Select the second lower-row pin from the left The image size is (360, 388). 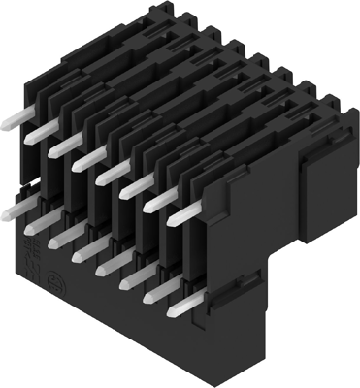(41, 223)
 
